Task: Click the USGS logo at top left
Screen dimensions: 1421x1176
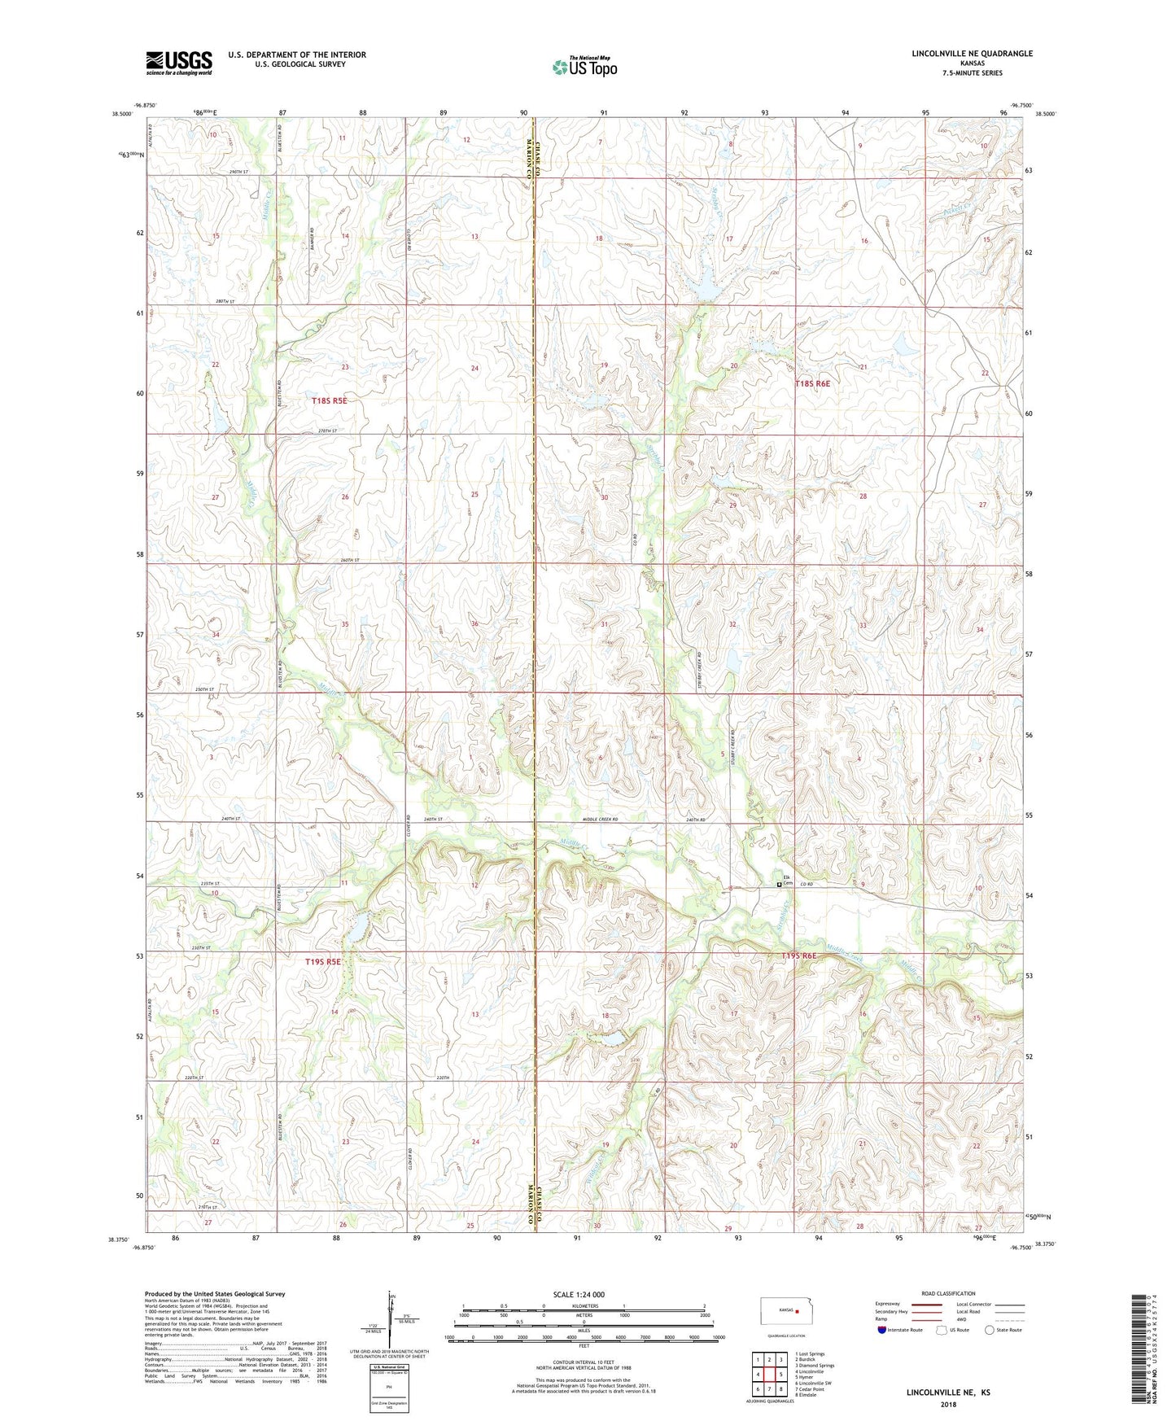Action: pos(179,62)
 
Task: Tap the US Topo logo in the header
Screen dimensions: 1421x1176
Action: pos(584,67)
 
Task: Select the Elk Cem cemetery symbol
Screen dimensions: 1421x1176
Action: pos(779,884)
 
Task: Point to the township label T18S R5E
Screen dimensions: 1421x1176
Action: pos(330,400)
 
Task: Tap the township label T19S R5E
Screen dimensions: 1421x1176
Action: pos(323,961)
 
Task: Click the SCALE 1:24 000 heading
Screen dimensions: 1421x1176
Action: pos(579,1294)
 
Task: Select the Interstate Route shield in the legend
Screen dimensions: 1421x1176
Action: pos(882,1330)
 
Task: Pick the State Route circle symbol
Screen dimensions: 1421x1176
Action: pos(989,1330)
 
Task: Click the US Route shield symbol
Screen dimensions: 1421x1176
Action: pos(942,1330)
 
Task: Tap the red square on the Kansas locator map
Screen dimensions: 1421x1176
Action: pos(798,1312)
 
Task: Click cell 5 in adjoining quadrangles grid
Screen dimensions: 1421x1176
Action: pos(780,1375)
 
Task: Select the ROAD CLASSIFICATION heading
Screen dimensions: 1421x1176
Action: pos(948,1293)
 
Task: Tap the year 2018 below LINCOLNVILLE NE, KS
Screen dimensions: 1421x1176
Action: pos(948,1405)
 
